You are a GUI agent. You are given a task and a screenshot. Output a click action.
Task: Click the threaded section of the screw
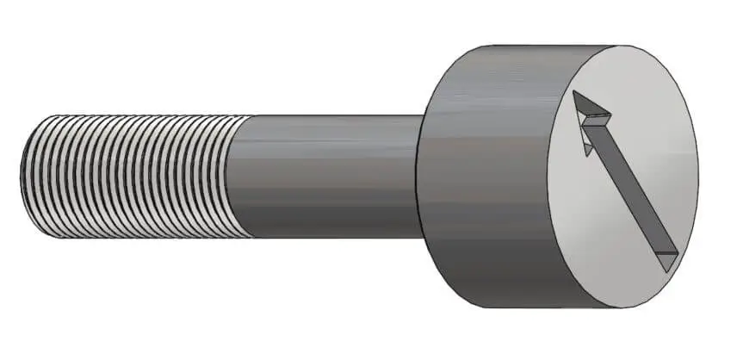pos(129,177)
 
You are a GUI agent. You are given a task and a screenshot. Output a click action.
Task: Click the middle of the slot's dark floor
pos(626,183)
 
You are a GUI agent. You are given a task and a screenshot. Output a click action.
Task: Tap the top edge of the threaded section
pos(129,115)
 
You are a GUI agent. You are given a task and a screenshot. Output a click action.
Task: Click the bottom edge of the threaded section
pos(129,238)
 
